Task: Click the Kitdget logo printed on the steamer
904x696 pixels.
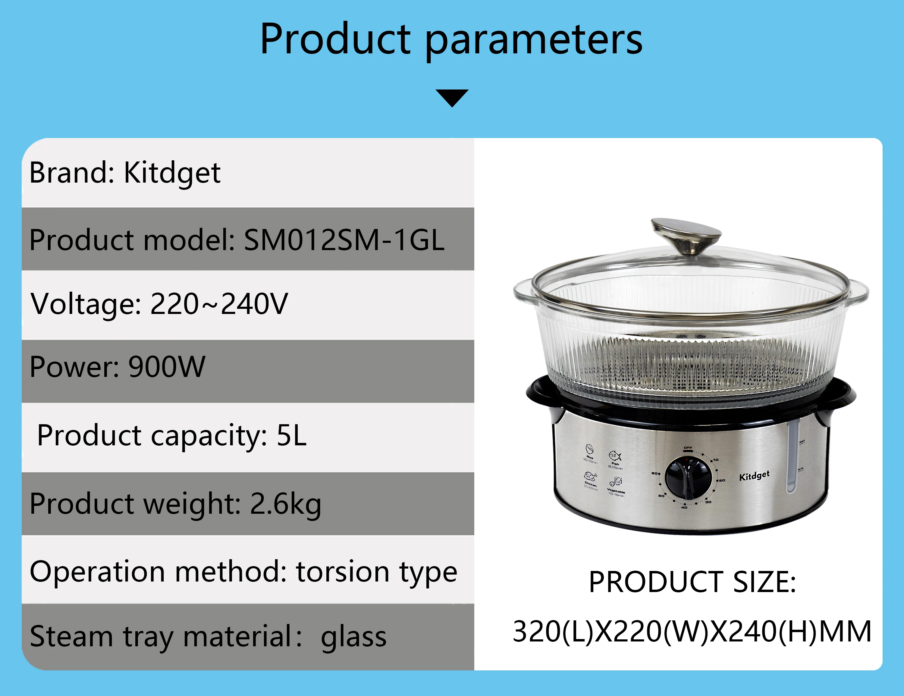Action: (754, 476)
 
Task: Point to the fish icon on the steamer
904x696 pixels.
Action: (615, 456)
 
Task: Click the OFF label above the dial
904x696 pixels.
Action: (688, 448)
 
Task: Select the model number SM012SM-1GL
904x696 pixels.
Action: (344, 240)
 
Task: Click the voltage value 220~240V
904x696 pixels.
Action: (219, 304)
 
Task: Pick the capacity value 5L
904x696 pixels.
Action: (291, 436)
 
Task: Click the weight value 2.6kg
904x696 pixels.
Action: (286, 504)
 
